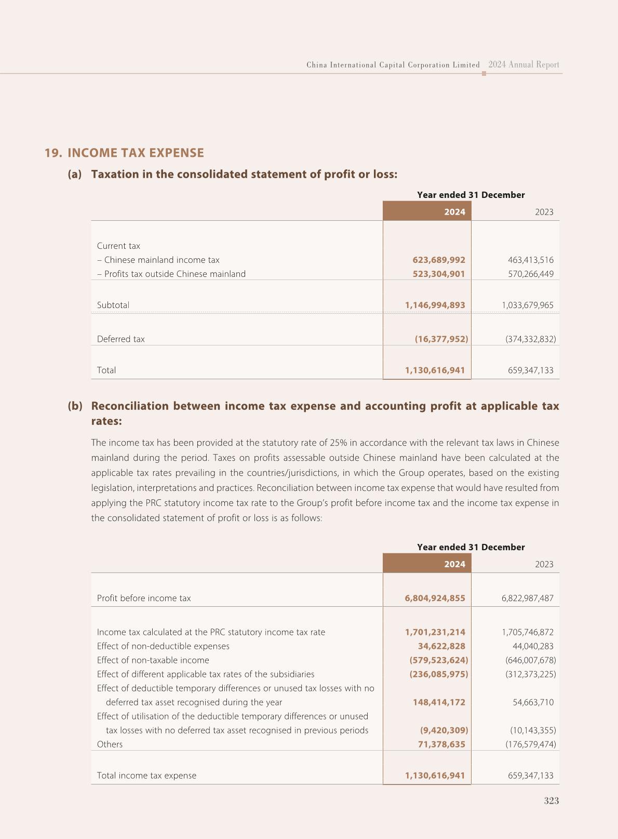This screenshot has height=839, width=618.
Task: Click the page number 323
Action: tap(551, 801)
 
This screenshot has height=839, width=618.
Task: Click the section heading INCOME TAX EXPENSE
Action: tap(136, 153)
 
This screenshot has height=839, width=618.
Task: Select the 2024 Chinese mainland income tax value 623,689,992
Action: tap(439, 260)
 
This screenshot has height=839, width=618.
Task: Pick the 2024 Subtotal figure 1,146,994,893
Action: tap(435, 305)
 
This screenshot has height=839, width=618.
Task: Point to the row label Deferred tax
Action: tap(120, 339)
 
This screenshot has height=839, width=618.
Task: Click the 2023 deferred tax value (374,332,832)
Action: tap(530, 339)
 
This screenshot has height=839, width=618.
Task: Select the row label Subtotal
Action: tap(113, 305)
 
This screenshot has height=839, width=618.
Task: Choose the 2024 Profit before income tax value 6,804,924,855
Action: tap(435, 598)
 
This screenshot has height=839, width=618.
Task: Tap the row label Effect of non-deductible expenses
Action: tap(163, 646)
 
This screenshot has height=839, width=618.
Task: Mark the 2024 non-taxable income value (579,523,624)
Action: tap(438, 660)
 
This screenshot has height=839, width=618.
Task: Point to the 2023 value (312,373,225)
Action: tap(530, 674)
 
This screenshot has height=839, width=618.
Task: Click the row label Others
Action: tap(110, 744)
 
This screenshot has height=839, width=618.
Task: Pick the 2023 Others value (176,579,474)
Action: tap(530, 744)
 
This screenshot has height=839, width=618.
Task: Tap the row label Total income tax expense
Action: tap(146, 776)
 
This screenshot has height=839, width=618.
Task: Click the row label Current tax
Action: tap(118, 246)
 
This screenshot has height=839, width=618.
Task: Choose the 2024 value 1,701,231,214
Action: tap(435, 632)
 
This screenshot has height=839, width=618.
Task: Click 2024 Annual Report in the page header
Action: tap(523, 65)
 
